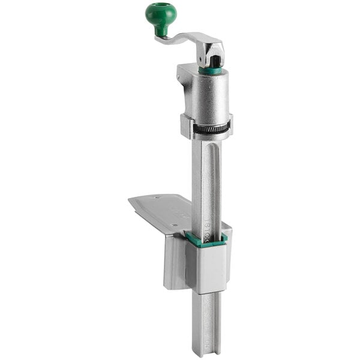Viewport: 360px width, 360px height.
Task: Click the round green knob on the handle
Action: [x=161, y=15]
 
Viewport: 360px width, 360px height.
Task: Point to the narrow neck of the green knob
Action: [x=161, y=29]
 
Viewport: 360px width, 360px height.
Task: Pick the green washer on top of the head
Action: [x=210, y=70]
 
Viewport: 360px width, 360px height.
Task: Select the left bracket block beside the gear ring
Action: [x=186, y=126]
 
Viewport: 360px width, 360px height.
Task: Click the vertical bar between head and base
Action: [x=206, y=180]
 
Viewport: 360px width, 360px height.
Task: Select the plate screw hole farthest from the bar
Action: [x=157, y=197]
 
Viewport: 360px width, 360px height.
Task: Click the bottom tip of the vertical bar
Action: [x=206, y=351]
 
